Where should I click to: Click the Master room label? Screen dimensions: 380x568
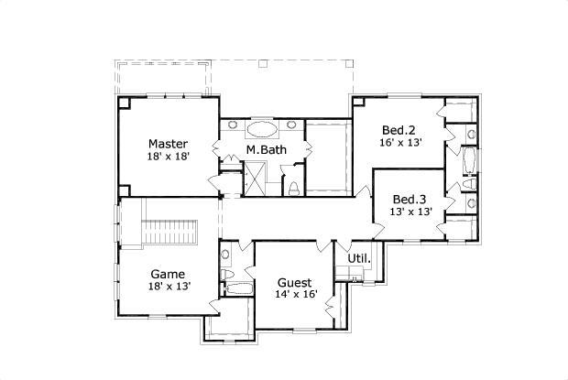point(169,144)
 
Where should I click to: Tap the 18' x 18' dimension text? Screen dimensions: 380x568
point(169,157)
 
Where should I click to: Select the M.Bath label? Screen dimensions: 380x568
point(265,150)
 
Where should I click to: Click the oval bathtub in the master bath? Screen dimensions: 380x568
point(264,127)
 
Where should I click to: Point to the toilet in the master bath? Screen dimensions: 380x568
point(293,188)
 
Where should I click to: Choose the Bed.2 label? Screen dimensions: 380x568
point(400,129)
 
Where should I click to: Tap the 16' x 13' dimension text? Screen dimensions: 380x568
point(400,143)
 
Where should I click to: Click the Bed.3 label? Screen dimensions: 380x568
point(410,200)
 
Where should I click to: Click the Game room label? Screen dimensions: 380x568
point(169,274)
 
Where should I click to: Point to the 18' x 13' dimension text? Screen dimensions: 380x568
point(169,287)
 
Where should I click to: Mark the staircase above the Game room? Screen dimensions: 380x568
point(172,233)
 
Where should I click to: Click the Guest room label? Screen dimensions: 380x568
point(294,282)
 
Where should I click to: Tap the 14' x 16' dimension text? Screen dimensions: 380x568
point(295,295)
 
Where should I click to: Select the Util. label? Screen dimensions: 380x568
point(359,259)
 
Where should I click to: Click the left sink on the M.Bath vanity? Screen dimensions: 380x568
point(227,141)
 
